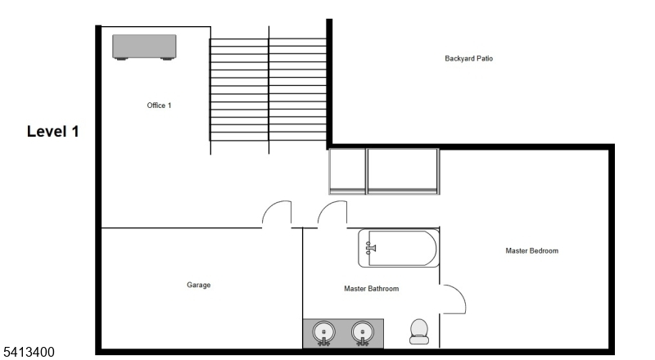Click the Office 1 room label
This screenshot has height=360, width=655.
159,106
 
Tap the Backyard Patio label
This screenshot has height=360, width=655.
468,58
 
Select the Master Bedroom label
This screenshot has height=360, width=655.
531,250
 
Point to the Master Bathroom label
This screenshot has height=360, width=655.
372,289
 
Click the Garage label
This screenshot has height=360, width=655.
198,285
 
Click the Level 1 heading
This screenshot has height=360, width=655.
53,132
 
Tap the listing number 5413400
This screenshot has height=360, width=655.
29,352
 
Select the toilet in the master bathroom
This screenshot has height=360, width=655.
419,331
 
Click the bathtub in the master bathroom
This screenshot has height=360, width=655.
399,248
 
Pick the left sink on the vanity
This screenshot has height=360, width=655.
323,332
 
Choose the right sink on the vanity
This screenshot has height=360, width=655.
362,332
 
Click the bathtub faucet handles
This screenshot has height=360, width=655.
370,248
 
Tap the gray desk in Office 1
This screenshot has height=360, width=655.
144,47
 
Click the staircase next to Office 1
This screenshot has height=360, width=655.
268,90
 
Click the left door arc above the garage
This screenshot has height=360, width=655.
272,207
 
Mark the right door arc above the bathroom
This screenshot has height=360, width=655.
327,207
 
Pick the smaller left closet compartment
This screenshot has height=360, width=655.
347,171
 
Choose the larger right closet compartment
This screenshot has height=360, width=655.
403,171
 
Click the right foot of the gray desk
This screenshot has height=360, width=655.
167,59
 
